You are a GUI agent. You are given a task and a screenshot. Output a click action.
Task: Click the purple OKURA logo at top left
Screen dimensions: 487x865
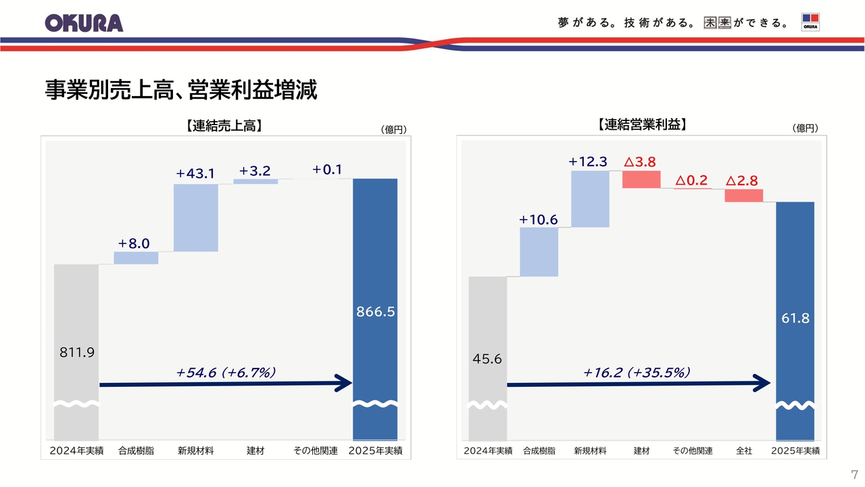pos(84,22)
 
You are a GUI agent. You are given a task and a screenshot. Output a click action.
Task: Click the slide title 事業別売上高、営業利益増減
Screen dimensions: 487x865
pos(181,90)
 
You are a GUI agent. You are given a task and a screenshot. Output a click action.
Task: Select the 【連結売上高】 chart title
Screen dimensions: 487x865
pos(223,125)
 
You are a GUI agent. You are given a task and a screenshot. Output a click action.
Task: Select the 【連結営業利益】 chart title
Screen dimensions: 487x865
pos(642,124)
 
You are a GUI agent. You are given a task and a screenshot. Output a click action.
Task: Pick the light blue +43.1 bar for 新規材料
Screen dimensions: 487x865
pos(196,217)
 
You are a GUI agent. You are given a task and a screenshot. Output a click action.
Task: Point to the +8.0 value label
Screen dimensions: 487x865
pos(133,243)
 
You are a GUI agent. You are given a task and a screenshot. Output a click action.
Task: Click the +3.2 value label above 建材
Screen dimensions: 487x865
pos(255,171)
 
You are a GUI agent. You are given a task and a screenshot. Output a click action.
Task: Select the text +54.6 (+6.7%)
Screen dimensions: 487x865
pos(226,371)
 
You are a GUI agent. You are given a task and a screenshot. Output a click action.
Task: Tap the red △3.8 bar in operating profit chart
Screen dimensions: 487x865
pos(641,179)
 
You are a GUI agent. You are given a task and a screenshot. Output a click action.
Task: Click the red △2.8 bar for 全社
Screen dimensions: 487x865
pos(743,195)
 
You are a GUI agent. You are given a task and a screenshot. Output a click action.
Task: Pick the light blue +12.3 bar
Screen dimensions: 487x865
pos(590,198)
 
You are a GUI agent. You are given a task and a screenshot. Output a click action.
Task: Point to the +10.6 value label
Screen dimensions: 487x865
pos(539,219)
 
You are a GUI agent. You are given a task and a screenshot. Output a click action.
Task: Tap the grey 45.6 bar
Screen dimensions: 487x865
pos(487,338)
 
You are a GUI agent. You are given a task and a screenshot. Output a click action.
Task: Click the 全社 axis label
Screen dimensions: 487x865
pos(743,450)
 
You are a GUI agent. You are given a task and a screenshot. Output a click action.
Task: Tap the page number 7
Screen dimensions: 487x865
pos(854,475)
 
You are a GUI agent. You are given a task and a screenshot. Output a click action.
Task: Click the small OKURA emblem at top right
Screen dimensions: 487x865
pos(810,22)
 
